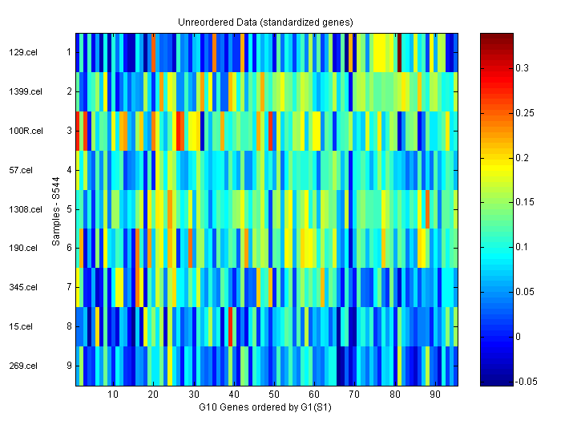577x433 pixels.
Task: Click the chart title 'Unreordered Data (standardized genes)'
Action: [x=265, y=22]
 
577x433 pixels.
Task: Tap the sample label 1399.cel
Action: [x=23, y=91]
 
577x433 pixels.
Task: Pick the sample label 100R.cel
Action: [x=23, y=131]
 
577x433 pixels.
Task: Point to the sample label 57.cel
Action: [x=20, y=170]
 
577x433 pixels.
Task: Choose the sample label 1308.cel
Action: [x=23, y=209]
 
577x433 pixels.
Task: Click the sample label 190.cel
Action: [x=22, y=248]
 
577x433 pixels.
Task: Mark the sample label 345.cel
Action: [x=22, y=287]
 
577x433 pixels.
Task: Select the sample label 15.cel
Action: [x=20, y=326]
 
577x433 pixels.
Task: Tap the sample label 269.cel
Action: [x=22, y=366]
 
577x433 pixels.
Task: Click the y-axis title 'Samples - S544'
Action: [x=57, y=209]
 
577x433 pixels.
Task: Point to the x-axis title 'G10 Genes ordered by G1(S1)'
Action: [x=265, y=408]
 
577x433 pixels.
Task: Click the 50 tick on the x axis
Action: [x=273, y=395]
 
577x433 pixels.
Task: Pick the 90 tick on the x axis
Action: [x=434, y=395]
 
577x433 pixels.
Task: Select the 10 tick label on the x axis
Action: [x=113, y=395]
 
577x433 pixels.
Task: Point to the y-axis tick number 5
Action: [x=69, y=209]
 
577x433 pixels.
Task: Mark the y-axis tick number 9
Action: [x=69, y=366]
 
